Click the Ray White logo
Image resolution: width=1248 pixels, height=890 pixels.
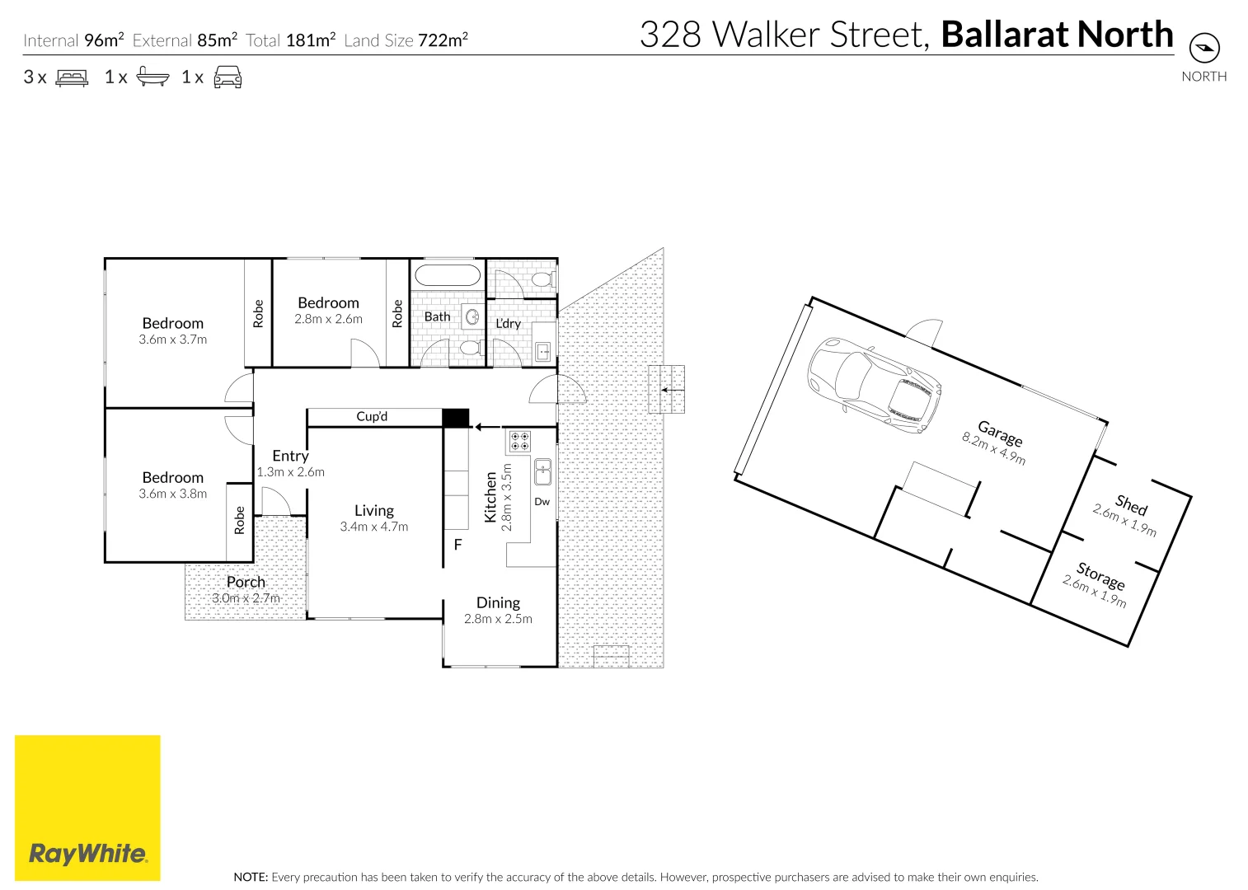click(87, 808)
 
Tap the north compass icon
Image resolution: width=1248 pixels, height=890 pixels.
click(1204, 48)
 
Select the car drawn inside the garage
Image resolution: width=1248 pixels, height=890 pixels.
click(874, 384)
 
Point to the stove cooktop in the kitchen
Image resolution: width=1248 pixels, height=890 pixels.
click(519, 441)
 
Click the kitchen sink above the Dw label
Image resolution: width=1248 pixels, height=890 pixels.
click(542, 473)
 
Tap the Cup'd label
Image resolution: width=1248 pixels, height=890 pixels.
click(372, 417)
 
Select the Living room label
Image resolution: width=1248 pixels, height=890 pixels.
click(374, 511)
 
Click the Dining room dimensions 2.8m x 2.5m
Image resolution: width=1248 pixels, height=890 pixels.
click(498, 619)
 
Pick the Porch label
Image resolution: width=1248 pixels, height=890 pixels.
click(246, 582)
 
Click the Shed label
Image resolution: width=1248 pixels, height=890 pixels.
click(1131, 504)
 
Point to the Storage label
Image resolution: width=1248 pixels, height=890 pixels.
click(1100, 575)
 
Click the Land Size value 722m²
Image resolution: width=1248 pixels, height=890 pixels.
click(443, 40)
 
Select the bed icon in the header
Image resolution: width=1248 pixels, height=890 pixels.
click(72, 77)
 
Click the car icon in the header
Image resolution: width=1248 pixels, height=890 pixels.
click(228, 77)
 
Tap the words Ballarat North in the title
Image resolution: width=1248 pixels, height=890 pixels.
click(1057, 35)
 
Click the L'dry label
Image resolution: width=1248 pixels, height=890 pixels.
click(508, 323)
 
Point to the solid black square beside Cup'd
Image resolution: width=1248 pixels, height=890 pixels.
click(456, 418)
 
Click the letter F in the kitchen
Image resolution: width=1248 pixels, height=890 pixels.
click(458, 545)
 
